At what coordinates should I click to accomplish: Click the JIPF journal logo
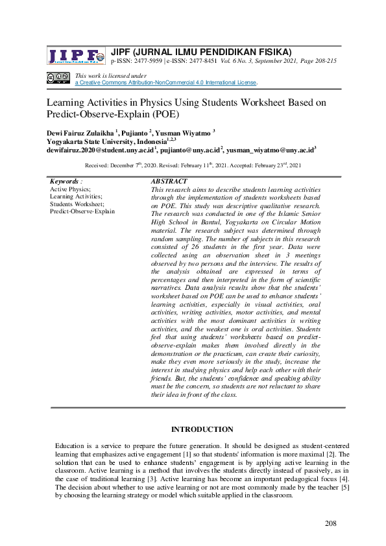click(x=75, y=56)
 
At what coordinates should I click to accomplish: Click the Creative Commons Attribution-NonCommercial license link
click(x=166, y=83)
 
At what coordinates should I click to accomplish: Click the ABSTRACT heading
click(x=169, y=182)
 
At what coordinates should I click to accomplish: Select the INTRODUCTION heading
click(x=202, y=429)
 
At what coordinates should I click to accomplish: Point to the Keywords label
click(x=64, y=182)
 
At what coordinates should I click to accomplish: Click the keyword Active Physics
click(x=70, y=189)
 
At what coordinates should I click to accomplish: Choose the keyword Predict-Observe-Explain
click(x=82, y=211)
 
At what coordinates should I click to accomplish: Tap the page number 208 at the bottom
click(x=330, y=524)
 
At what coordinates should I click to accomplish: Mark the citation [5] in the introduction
click(x=345, y=486)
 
